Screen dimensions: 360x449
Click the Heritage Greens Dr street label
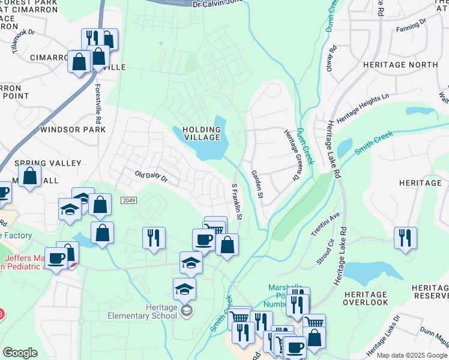pos(291,155)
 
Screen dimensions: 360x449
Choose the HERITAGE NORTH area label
pos(399,64)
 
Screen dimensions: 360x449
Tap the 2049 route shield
pos(127,200)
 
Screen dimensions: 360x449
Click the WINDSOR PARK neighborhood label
pos(64,129)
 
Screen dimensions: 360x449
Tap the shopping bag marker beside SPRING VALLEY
pos(30,177)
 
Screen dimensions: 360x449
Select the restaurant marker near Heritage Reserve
pos(406,238)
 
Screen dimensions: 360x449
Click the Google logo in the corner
pos(20,353)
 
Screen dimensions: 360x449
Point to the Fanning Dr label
pos(411,24)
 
